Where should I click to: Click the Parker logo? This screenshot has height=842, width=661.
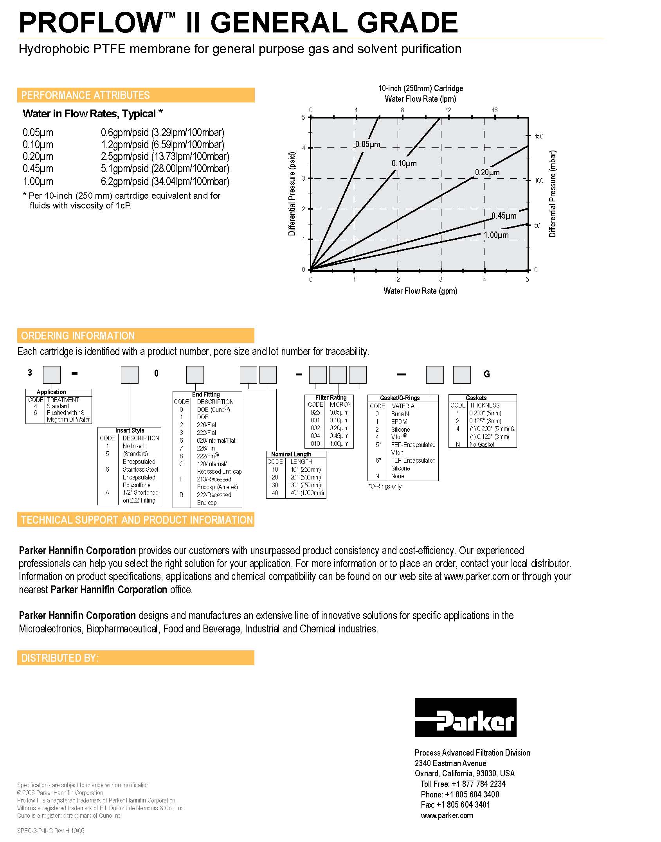pyautogui.click(x=465, y=717)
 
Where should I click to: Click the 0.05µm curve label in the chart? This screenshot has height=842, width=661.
pyautogui.click(x=367, y=144)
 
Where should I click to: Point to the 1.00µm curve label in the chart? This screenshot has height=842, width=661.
pyautogui.click(x=496, y=235)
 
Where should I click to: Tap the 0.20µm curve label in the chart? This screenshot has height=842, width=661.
pyautogui.click(x=487, y=172)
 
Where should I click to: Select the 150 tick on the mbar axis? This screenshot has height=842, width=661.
pyautogui.click(x=539, y=136)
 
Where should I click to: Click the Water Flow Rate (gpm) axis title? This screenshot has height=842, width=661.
pyautogui.click(x=420, y=291)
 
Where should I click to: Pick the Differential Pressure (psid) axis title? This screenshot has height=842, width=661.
pyautogui.click(x=292, y=194)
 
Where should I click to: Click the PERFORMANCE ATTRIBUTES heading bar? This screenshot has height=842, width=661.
pyautogui.click(x=136, y=95)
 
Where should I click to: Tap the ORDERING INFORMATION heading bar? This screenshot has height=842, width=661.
pyautogui.click(x=136, y=336)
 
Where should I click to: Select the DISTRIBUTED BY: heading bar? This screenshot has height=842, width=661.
pyautogui.click(x=136, y=658)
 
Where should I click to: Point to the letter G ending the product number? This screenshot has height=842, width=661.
pyautogui.click(x=487, y=374)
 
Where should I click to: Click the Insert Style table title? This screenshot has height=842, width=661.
pyautogui.click(x=130, y=430)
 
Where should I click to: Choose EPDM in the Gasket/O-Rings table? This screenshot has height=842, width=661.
pyautogui.click(x=399, y=422)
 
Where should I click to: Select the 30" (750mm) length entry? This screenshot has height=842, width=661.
pyautogui.click(x=305, y=485)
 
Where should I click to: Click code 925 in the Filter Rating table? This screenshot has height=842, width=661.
pyautogui.click(x=315, y=412)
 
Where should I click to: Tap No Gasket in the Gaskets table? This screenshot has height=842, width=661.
pyautogui.click(x=482, y=444)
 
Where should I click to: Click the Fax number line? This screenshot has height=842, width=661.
pyautogui.click(x=456, y=804)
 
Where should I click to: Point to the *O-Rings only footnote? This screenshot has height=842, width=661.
pyautogui.click(x=385, y=486)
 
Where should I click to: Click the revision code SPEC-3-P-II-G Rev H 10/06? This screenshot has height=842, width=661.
pyautogui.click(x=51, y=831)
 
